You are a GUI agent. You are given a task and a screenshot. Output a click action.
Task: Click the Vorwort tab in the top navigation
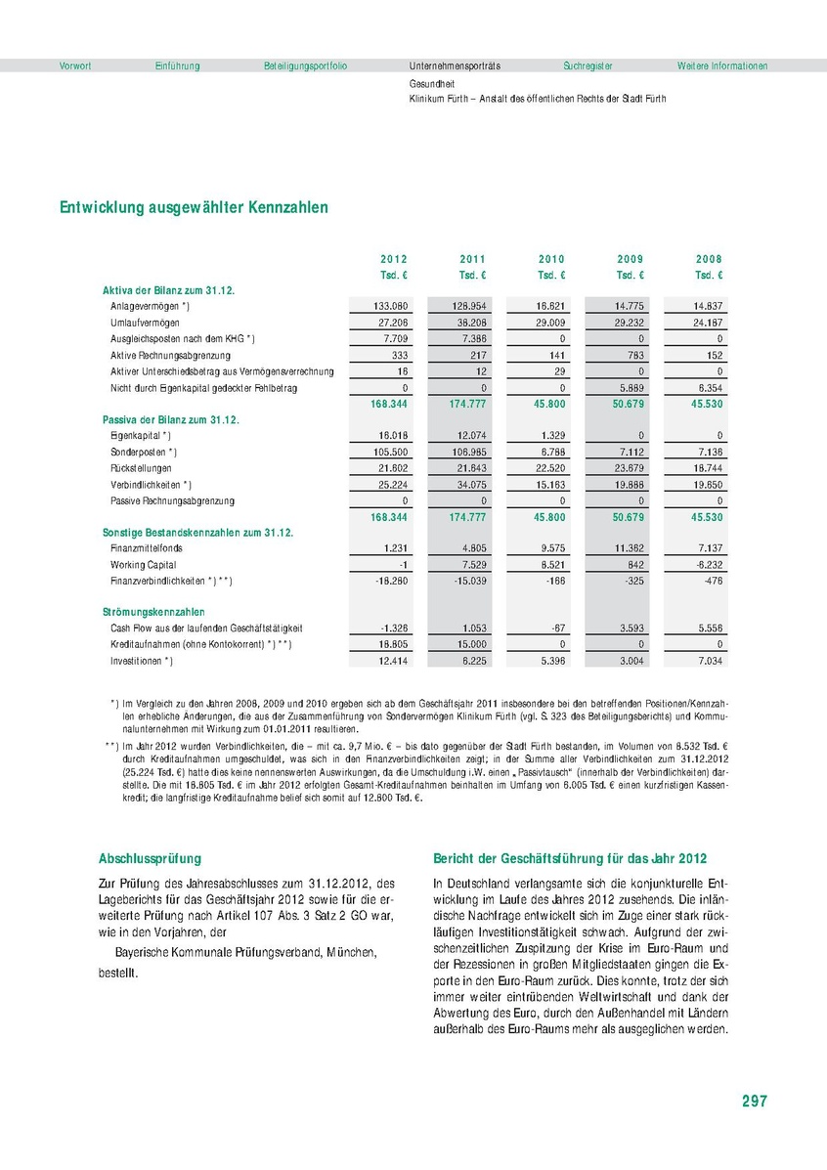click(75, 65)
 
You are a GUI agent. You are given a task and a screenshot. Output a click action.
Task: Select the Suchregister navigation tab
click(588, 65)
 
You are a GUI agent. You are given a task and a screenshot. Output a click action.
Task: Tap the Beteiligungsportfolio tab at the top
click(305, 65)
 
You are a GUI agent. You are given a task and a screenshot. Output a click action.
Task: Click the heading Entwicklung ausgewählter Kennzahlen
click(194, 207)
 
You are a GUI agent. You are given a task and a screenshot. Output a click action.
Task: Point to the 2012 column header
click(394, 259)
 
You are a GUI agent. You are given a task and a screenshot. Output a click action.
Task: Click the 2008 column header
click(709, 259)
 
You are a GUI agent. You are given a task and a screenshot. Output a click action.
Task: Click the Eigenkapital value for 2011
click(471, 435)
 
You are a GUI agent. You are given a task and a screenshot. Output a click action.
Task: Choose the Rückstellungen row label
click(143, 468)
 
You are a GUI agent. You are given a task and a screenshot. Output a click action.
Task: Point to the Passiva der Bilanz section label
click(171, 419)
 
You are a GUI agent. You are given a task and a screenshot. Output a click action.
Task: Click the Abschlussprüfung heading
click(150, 859)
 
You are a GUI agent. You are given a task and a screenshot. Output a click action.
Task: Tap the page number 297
click(754, 1101)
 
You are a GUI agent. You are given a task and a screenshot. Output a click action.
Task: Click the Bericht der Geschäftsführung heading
click(569, 859)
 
